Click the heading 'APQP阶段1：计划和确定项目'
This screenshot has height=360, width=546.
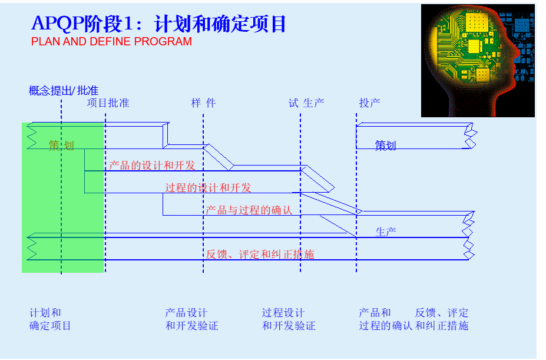point(158,24)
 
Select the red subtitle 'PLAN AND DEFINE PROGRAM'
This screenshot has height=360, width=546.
point(111,42)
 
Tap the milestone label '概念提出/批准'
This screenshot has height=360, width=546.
point(64,91)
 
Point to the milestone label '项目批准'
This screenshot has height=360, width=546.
point(108,103)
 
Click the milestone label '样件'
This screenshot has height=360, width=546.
point(203,103)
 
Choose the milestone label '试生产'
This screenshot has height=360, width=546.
point(306,103)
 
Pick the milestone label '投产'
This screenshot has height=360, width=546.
point(369,103)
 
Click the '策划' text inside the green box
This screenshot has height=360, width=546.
point(61,146)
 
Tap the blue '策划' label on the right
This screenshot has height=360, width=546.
point(385,146)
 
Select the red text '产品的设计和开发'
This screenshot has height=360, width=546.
point(152,166)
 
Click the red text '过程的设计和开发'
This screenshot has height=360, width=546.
point(208,188)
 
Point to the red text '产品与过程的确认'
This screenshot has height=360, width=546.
point(249,210)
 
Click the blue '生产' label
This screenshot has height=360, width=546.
point(385,232)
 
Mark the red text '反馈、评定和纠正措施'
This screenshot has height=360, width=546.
point(260,255)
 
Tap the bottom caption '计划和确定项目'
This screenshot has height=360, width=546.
point(50,319)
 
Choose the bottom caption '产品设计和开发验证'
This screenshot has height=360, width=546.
point(191,319)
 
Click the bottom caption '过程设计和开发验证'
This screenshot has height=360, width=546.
point(289,319)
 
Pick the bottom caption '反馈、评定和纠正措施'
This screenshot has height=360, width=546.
point(442,319)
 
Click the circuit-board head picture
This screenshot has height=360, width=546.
point(478,61)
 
